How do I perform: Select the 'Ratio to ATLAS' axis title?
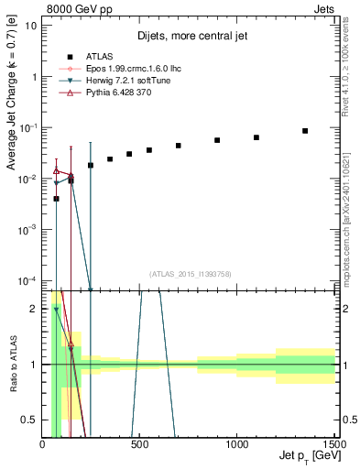click(x=13, y=364)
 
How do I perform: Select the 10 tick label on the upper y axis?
click(x=30, y=26)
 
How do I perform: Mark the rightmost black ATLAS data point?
click(x=305, y=131)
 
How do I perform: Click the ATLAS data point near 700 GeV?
click(x=179, y=146)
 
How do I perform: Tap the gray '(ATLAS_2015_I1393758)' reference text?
click(x=189, y=273)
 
